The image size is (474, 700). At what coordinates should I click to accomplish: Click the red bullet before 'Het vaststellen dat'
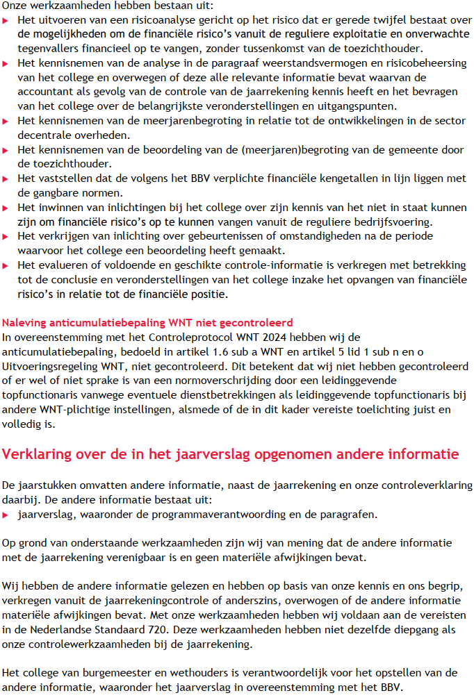[x=6, y=179]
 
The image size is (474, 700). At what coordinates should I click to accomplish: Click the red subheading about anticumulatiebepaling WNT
[x=147, y=323]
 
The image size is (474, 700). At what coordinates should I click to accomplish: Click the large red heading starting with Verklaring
[x=231, y=455]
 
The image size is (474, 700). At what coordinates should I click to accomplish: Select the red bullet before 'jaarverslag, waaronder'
[x=6, y=515]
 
